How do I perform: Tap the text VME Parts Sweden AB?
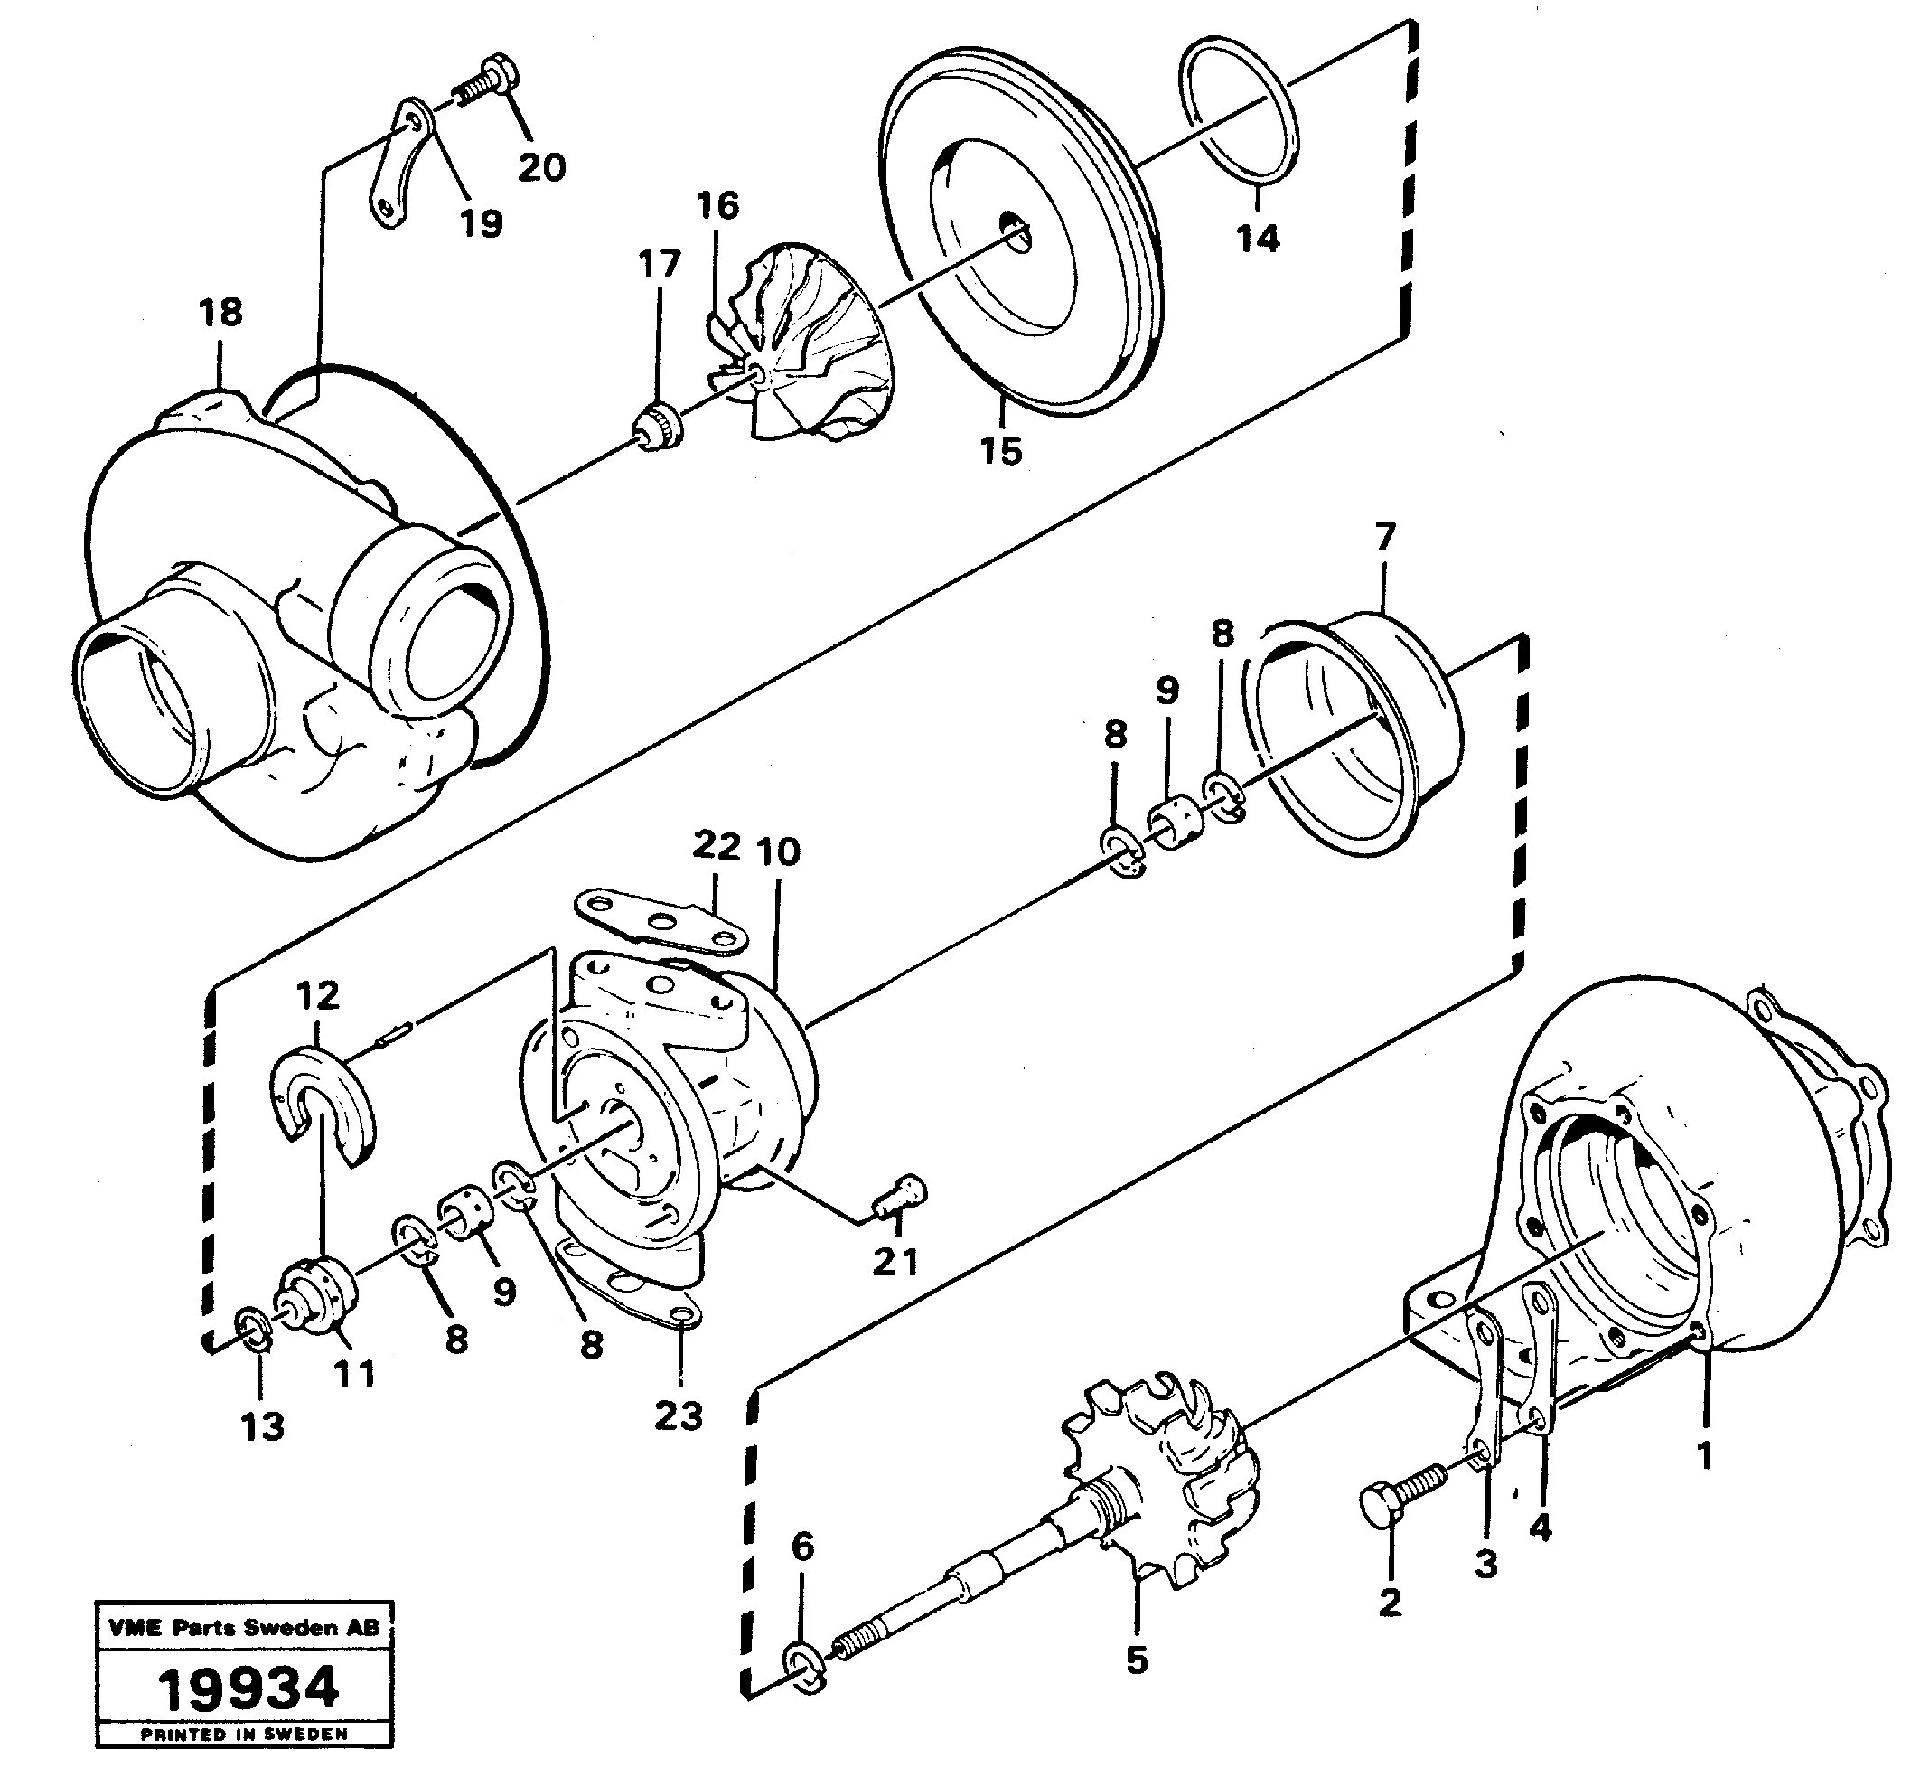point(244,1627)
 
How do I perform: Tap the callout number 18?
point(221,312)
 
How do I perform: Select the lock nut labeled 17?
point(658,427)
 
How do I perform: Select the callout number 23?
point(679,1415)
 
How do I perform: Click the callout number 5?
point(1137,1660)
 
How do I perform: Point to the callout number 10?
point(778,851)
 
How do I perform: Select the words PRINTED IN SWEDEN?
point(244,1734)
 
